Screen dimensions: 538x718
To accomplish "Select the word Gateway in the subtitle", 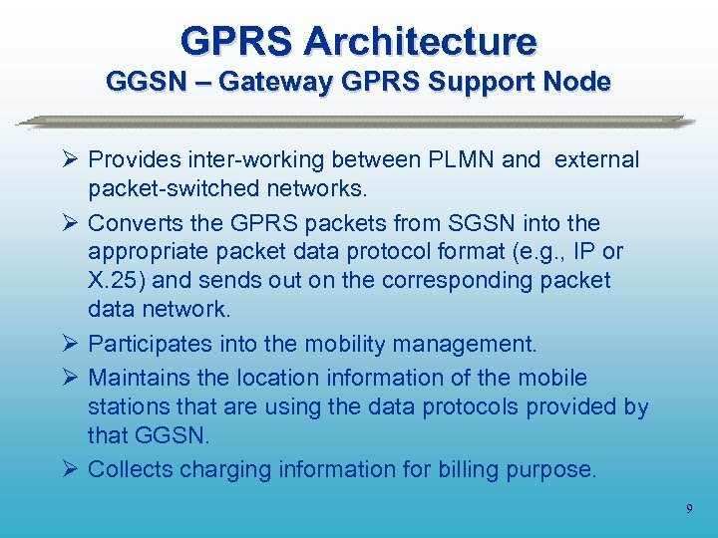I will [274, 82].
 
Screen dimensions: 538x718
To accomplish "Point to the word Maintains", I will [141, 378].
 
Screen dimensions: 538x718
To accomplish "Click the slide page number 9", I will [689, 510].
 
